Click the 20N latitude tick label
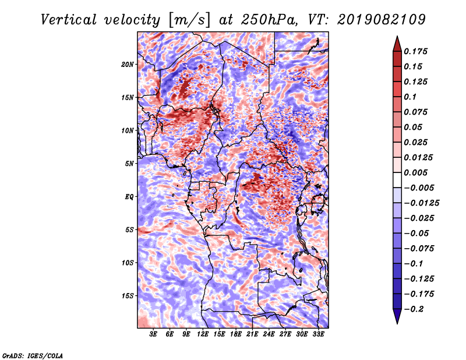(128, 65)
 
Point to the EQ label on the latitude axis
(129, 197)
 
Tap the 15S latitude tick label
(128, 296)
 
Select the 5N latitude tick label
(129, 164)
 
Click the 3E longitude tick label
(153, 334)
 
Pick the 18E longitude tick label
(236, 334)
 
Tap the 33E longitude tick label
(318, 334)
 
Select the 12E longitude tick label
(203, 334)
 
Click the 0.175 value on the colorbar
(415, 51)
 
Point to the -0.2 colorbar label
(414, 309)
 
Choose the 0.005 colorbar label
(415, 172)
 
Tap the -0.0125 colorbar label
(421, 203)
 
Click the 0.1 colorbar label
(410, 97)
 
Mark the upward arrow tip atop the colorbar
(397, 36)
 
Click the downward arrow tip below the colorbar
(397, 323)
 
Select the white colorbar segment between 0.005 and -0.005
(397, 180)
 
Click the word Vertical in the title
(69, 20)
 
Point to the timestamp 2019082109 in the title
(382, 20)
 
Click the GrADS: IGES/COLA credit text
(33, 355)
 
